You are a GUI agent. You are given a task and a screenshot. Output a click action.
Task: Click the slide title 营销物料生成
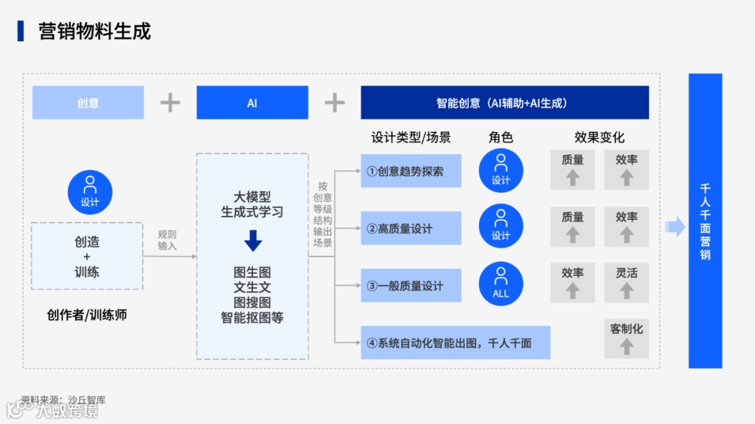94,31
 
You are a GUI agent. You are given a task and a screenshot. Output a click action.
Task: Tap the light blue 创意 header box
88,103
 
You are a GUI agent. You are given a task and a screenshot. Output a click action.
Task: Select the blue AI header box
252,103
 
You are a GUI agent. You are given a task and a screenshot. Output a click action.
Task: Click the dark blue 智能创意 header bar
505,103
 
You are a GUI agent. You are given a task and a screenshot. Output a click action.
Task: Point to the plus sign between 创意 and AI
170,103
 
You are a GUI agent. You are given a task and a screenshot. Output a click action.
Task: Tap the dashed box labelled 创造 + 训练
87,256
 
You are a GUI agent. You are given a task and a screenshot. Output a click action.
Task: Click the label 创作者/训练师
87,315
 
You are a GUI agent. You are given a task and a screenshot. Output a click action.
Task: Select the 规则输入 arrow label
167,240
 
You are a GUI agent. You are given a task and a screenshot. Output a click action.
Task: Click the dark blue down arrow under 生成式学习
252,242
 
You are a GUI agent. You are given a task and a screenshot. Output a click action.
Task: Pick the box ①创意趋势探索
411,171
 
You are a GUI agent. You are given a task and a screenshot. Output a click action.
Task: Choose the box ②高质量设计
411,228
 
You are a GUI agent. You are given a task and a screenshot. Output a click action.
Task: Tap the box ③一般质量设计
411,286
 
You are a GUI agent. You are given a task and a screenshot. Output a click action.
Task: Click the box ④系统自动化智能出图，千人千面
455,343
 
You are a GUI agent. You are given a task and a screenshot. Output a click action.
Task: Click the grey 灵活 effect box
626,282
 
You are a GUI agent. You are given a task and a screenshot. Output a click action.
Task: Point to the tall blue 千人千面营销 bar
705,221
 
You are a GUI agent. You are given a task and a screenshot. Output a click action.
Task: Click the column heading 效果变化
599,138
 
